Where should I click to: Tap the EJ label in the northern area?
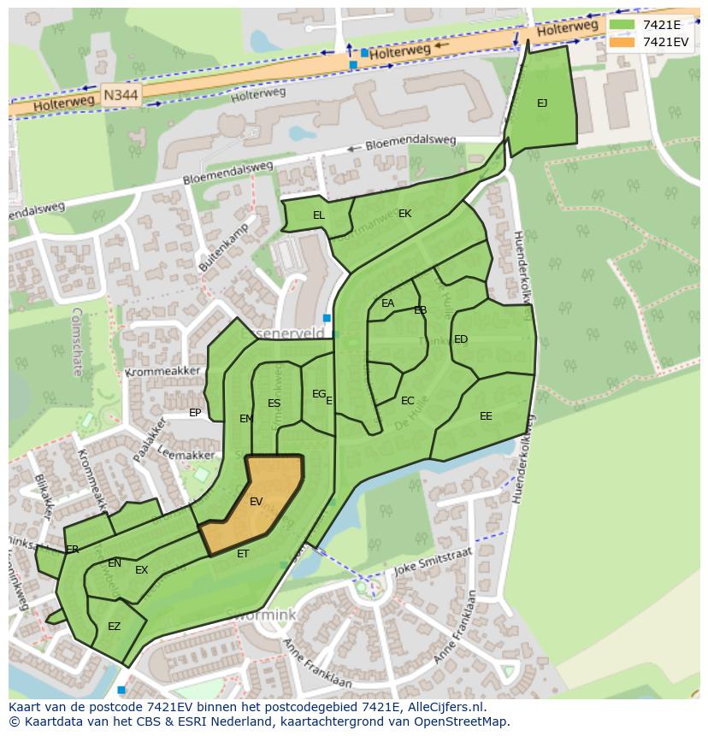pyautogui.click(x=542, y=103)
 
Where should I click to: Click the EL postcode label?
pyautogui.click(x=318, y=215)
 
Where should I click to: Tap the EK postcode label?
pyautogui.click(x=404, y=214)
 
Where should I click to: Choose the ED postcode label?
pyautogui.click(x=461, y=339)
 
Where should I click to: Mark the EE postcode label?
pyautogui.click(x=486, y=416)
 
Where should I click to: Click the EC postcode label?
pyautogui.click(x=408, y=401)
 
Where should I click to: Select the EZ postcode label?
pyautogui.click(x=114, y=627)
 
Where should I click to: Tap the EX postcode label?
pyautogui.click(x=142, y=570)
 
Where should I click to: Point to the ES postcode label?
pyautogui.click(x=274, y=403)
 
